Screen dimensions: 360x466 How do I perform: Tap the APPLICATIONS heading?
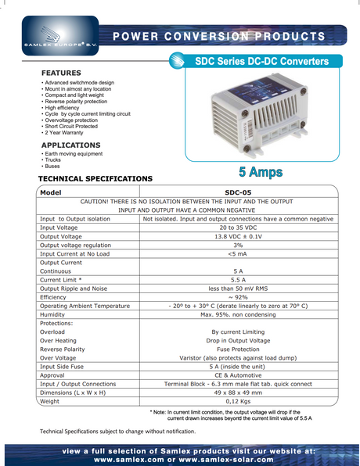70,145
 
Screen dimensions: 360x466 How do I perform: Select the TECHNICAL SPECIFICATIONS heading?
95,179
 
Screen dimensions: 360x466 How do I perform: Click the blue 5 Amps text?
261,171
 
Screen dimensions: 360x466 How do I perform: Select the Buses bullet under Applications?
54,166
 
